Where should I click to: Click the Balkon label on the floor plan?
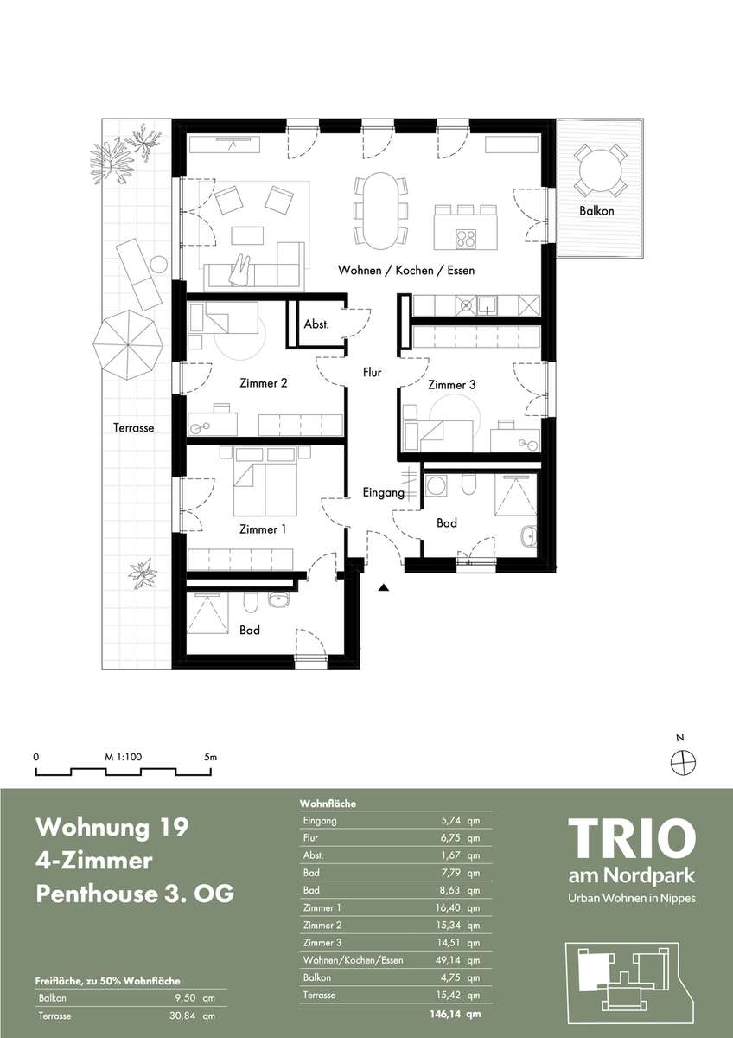(596, 211)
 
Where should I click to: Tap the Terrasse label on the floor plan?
(133, 427)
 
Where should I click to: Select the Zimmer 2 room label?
(264, 383)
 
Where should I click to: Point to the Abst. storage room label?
(316, 324)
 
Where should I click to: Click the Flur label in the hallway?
(373, 372)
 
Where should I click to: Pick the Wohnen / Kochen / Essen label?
(406, 270)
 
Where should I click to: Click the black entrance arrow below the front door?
(384, 588)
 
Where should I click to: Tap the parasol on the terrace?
(127, 345)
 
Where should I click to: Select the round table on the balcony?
(601, 170)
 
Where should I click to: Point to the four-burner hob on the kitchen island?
(465, 239)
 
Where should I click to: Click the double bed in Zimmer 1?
(265, 485)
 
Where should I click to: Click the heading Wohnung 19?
(112, 827)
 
